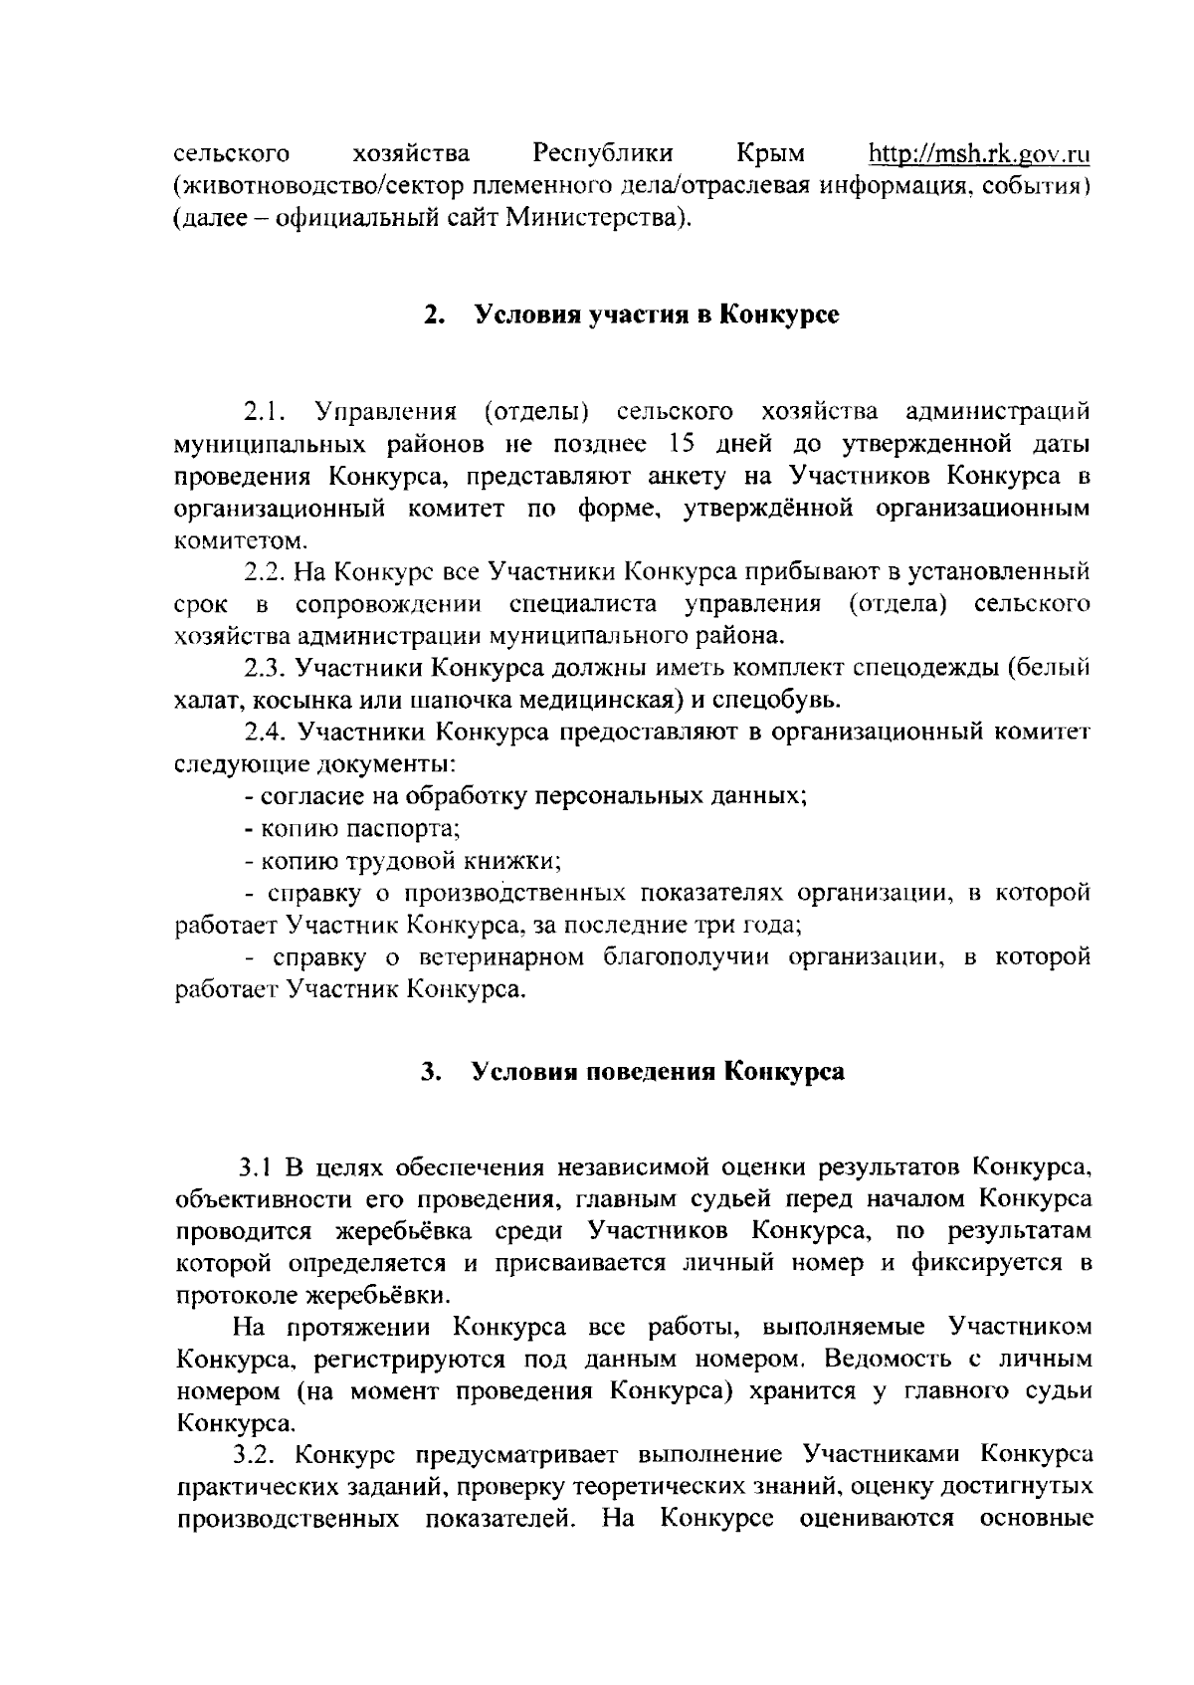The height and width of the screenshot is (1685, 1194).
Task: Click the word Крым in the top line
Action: (x=771, y=154)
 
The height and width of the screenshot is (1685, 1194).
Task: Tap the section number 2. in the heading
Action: (x=433, y=316)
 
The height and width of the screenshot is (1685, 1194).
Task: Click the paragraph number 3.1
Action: (x=255, y=1166)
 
